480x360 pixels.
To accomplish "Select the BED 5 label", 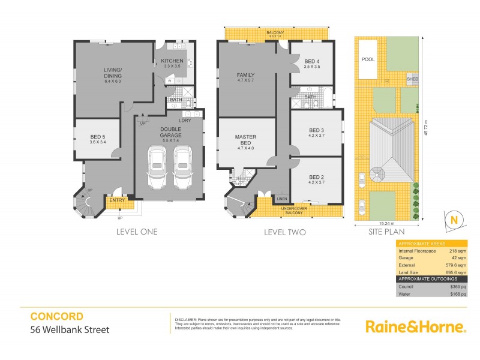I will click(97, 140).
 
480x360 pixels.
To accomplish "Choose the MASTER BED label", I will click(245, 140).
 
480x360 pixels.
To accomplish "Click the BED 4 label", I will click(313, 62).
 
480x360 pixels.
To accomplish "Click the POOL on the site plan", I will click(368, 60).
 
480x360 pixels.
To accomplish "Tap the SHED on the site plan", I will click(412, 79).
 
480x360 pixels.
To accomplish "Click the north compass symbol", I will click(453, 220).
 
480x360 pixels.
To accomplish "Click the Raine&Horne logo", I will click(415, 327).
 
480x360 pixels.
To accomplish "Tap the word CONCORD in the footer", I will click(57, 316).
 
